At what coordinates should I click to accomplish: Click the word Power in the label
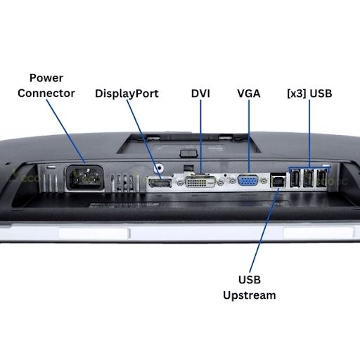[46, 78]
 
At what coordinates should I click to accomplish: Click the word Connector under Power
[46, 94]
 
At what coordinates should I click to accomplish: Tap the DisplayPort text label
[127, 94]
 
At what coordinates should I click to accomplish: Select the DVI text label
[200, 94]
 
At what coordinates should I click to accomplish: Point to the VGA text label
[249, 94]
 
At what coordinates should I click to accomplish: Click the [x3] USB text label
[309, 94]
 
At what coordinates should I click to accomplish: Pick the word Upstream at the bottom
[250, 295]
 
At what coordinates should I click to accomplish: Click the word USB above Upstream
[250, 280]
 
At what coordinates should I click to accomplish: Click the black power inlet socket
[85, 178]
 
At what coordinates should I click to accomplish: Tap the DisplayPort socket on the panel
[160, 183]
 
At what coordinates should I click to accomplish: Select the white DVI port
[200, 181]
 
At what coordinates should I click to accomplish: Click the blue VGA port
[248, 181]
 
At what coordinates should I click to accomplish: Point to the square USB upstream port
[278, 181]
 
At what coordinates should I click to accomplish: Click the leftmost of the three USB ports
[295, 178]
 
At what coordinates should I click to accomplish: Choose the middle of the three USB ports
[308, 178]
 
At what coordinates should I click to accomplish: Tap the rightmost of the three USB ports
[321, 178]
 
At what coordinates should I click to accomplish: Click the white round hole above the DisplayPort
[159, 167]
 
